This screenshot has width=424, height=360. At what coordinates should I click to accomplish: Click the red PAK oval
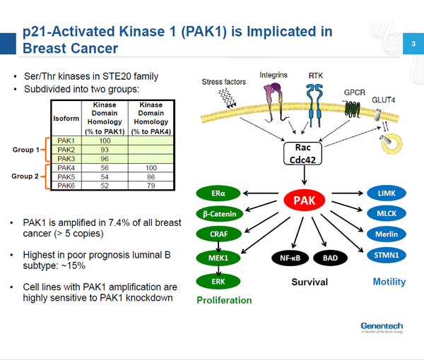click(304, 200)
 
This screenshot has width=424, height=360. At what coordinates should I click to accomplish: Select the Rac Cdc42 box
click(302, 153)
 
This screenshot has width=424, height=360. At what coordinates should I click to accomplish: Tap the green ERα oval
click(218, 193)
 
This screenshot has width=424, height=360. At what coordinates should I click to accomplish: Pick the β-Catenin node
click(220, 214)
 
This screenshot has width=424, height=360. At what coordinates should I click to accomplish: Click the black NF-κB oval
click(290, 258)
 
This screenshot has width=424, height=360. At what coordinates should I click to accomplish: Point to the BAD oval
click(330, 258)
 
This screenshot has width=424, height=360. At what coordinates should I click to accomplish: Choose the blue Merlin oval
click(387, 234)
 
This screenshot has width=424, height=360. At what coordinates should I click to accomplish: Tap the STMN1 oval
click(387, 255)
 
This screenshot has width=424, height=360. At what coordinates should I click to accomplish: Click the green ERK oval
click(218, 282)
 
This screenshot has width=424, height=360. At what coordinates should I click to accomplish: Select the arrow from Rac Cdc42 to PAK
click(304, 175)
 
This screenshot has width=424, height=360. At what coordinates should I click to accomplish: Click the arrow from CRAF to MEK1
click(218, 246)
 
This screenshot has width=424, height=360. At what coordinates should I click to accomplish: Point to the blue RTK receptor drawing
click(314, 105)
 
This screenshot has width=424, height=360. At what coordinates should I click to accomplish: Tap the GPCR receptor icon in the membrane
click(353, 109)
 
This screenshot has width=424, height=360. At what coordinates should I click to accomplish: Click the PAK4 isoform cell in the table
click(66, 168)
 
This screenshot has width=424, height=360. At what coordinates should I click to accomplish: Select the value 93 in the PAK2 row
click(105, 150)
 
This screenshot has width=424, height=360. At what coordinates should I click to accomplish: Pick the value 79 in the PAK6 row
click(151, 186)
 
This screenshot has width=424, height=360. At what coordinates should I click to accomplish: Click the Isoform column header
click(66, 119)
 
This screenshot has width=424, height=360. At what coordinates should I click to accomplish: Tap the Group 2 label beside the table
click(25, 176)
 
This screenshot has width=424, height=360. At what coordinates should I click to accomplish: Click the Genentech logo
click(382, 328)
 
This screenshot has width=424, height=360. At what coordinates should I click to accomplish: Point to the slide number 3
click(413, 44)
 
